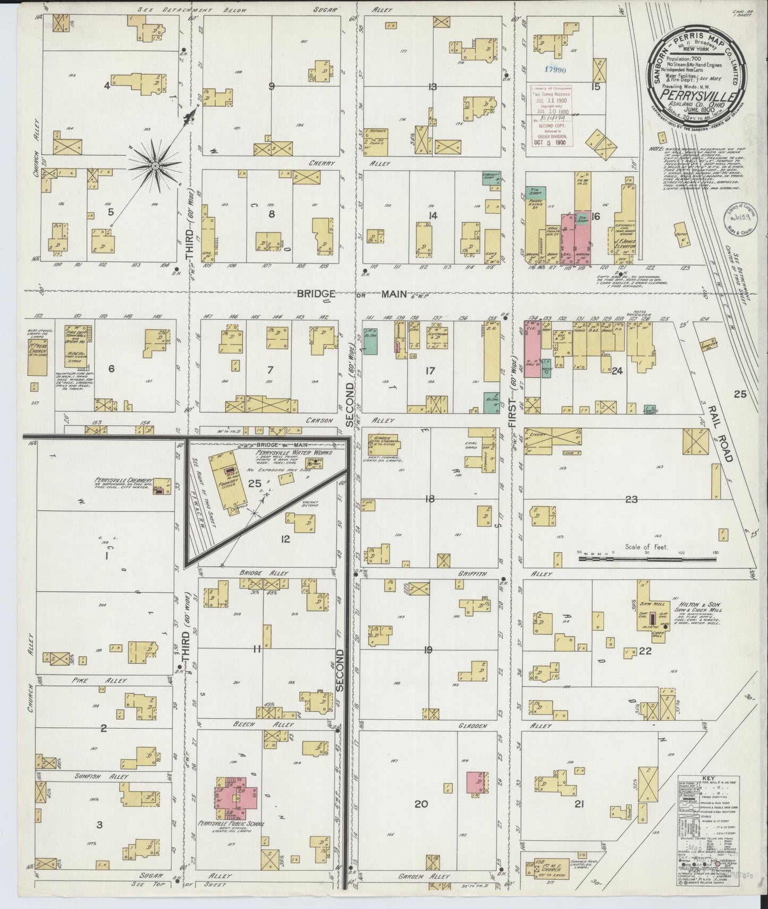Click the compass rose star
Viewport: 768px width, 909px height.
pyautogui.click(x=155, y=166)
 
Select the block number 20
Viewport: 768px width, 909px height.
pyautogui.click(x=421, y=804)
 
